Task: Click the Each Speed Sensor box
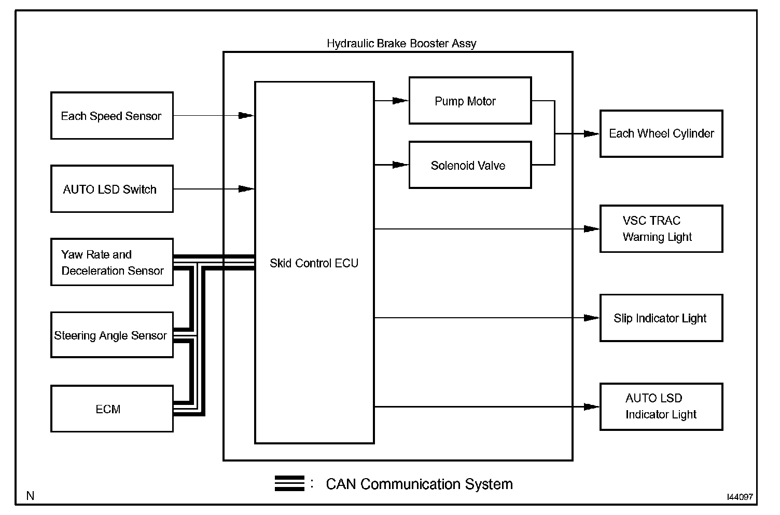coord(112,116)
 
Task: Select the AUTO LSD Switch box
coord(112,189)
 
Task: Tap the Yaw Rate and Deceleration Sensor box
coord(112,262)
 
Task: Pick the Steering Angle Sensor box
coord(112,335)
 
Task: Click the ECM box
coord(112,409)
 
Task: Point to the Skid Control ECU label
coord(314,263)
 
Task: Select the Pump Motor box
coord(470,101)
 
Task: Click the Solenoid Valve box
coord(470,165)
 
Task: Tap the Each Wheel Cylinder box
coord(661,133)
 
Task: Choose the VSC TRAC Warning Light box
coord(661,229)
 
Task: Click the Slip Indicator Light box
coord(661,318)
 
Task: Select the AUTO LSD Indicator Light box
coord(661,406)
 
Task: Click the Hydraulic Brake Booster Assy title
coord(401,44)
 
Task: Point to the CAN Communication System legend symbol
coord(289,483)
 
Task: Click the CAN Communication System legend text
coord(419,484)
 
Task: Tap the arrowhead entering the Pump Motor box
coord(400,101)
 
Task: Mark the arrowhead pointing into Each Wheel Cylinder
coord(591,134)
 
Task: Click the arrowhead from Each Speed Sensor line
coord(246,116)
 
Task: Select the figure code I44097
coord(740,497)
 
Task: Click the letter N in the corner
coord(31,496)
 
